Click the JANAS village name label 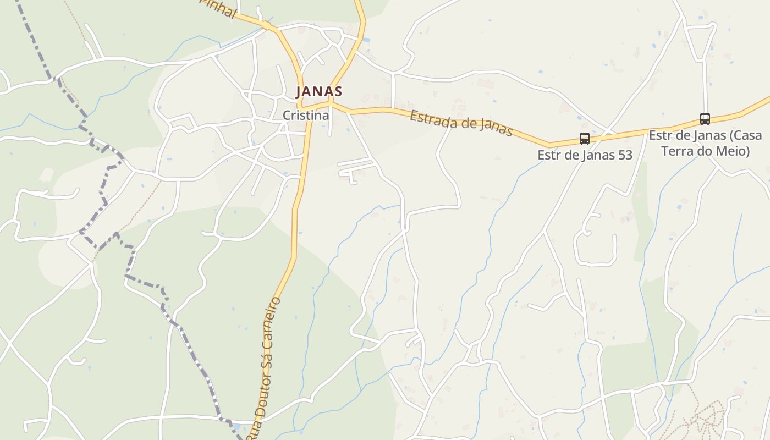[x=319, y=91]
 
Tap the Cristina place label [x=306, y=116]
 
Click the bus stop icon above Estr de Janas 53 [x=584, y=139]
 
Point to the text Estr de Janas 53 [x=585, y=155]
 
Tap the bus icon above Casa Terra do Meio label [x=705, y=118]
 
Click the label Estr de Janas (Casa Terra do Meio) [x=705, y=143]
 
